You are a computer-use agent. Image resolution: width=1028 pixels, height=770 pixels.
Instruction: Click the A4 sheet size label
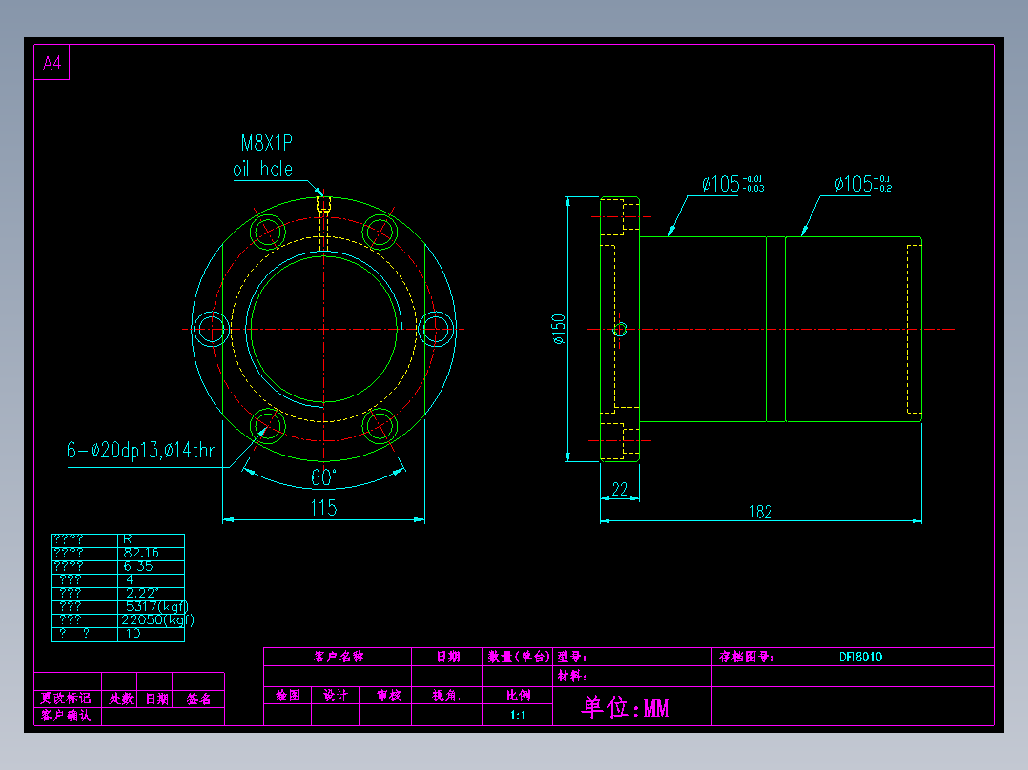click(x=51, y=64)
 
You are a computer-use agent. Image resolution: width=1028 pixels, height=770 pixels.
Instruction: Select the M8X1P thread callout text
click(x=266, y=144)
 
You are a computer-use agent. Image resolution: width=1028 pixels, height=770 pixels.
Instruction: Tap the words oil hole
click(x=262, y=170)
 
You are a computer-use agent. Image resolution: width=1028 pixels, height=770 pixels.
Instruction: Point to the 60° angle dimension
click(x=323, y=477)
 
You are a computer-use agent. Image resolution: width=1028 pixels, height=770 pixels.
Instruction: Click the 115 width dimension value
click(x=323, y=508)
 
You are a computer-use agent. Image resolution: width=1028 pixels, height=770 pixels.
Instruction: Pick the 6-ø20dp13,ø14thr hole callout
click(x=140, y=451)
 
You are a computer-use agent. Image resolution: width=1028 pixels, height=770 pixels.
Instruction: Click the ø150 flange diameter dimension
click(x=558, y=328)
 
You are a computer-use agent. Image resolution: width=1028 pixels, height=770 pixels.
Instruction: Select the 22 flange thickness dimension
click(x=619, y=489)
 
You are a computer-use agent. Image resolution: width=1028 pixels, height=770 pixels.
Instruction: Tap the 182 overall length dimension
click(x=760, y=512)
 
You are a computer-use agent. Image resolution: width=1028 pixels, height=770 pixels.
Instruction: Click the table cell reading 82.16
click(x=141, y=553)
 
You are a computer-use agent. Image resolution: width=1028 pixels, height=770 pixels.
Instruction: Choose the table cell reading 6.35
click(x=138, y=566)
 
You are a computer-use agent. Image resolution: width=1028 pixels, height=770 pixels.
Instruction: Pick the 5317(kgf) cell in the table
click(x=157, y=606)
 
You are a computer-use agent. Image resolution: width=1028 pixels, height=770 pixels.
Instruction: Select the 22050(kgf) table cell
click(x=157, y=619)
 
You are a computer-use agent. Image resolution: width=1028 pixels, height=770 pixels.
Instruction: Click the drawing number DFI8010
click(x=860, y=657)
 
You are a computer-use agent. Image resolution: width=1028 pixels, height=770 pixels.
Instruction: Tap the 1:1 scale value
click(x=518, y=716)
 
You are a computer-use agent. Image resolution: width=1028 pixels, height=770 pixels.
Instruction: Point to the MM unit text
click(x=656, y=708)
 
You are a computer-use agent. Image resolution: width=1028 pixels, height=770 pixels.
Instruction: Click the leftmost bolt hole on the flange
click(x=211, y=330)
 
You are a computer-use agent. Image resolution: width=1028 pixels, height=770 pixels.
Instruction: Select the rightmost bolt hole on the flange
click(x=438, y=330)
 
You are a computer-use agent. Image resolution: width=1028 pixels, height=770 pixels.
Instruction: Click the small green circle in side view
click(x=620, y=330)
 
